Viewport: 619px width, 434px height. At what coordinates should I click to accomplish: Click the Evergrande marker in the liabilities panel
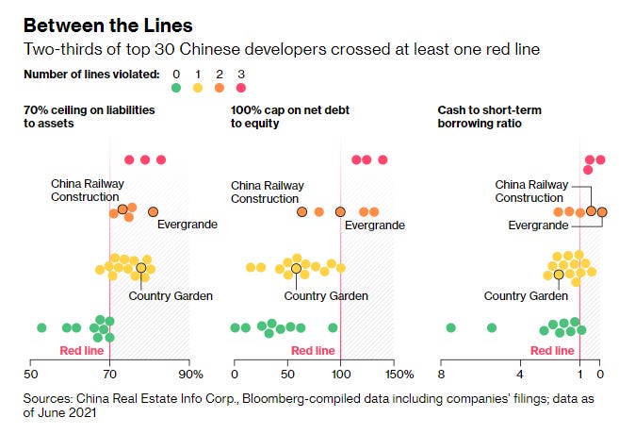(154, 212)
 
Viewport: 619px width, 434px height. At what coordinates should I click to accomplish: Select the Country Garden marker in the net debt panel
(296, 268)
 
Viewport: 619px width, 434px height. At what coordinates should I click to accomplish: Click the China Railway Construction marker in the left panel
(122, 209)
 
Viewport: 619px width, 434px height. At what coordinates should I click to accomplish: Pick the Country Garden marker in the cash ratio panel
(559, 275)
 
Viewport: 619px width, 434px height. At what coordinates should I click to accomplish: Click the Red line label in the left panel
(80, 350)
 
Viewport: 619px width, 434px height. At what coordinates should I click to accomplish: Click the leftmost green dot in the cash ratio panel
(450, 327)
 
